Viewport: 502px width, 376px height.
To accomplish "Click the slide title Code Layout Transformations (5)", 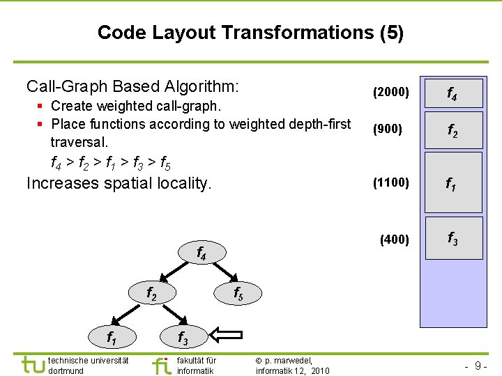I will tap(250, 33).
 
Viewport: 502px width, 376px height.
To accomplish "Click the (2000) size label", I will tap(391, 92).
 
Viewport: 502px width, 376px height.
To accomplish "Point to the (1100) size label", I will tap(391, 183).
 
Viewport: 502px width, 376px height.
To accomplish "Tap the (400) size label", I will tap(395, 240).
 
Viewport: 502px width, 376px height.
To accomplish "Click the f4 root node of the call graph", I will tap(201, 253).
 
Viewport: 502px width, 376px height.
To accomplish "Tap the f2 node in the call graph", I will tap(151, 295).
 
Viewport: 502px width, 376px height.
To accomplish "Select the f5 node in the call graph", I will tap(237, 295).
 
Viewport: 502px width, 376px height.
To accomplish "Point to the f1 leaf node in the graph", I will tap(111, 338).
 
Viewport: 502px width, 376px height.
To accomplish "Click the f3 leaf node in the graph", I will tap(182, 338).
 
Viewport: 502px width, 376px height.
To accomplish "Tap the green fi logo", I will tap(162, 366).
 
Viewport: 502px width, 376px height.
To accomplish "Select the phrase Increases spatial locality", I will tap(119, 183).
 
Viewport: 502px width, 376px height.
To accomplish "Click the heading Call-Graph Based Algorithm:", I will tap(132, 86).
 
